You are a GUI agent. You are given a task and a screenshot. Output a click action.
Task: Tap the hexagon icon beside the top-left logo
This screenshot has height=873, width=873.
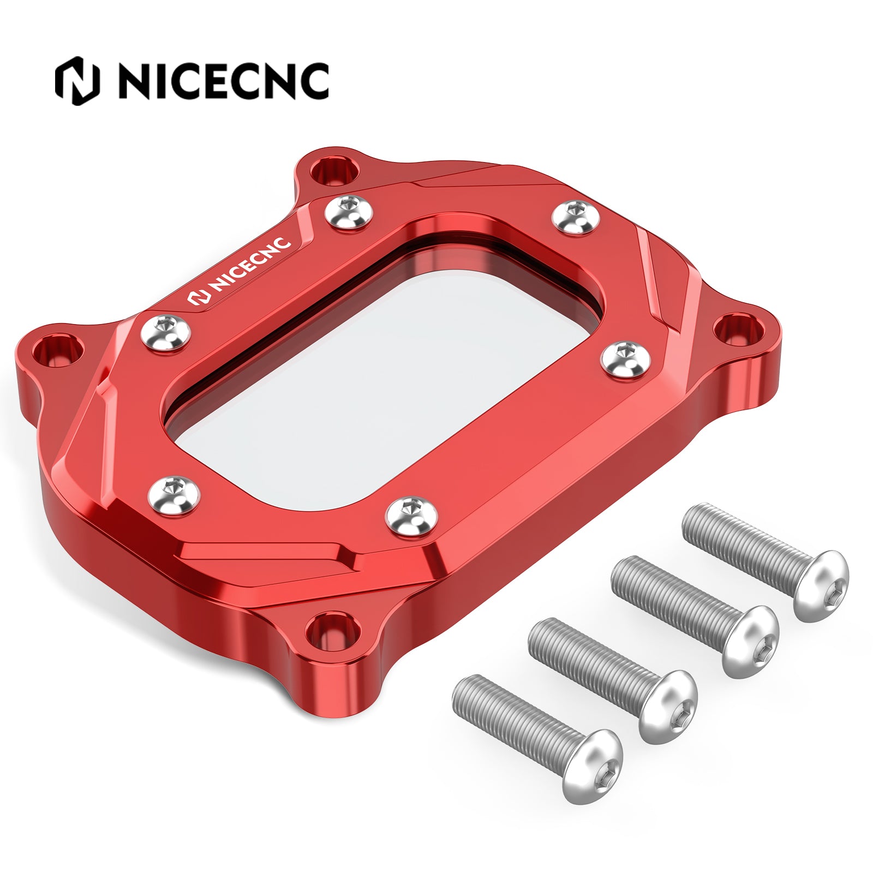78,80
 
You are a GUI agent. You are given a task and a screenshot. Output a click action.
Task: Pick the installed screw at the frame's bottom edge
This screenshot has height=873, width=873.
411,514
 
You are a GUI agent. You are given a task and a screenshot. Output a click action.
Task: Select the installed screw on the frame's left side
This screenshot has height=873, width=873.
165,332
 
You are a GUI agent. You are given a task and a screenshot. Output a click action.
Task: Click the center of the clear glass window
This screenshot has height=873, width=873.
382,376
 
